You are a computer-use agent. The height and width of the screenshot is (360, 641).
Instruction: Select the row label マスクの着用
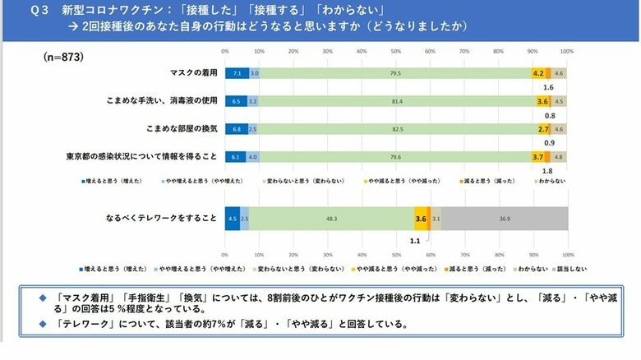coord(193,73)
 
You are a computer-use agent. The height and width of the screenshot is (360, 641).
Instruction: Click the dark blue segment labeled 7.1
coord(237,73)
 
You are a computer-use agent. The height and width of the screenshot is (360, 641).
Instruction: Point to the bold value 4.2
coord(539,73)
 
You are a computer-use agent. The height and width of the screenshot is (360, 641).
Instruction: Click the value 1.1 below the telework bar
coord(415,241)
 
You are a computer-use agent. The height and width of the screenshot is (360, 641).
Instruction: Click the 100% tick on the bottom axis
coord(567,254)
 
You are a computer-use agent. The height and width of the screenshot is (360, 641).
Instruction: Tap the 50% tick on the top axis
coord(396,51)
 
